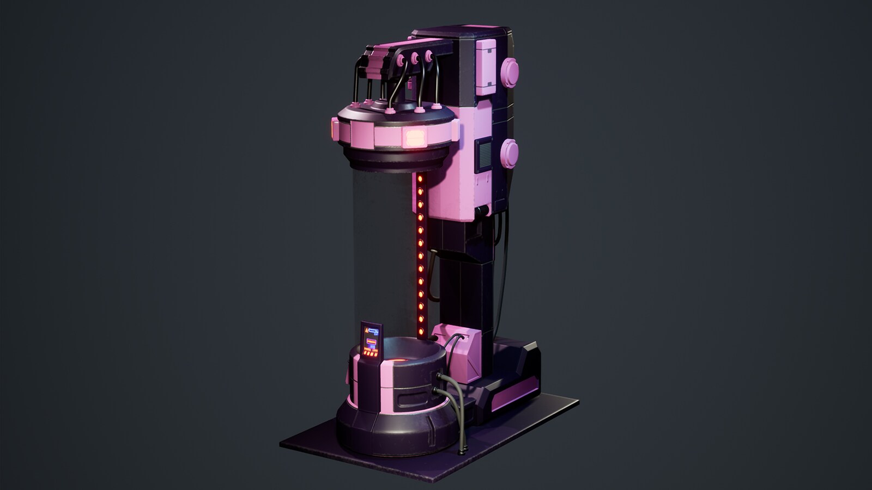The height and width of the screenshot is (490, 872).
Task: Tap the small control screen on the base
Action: [x=372, y=341]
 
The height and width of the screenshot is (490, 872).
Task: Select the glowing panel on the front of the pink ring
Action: [x=414, y=136]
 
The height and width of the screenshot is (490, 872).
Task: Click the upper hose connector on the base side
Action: [x=440, y=376]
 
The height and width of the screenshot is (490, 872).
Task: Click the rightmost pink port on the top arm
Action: [x=429, y=54]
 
